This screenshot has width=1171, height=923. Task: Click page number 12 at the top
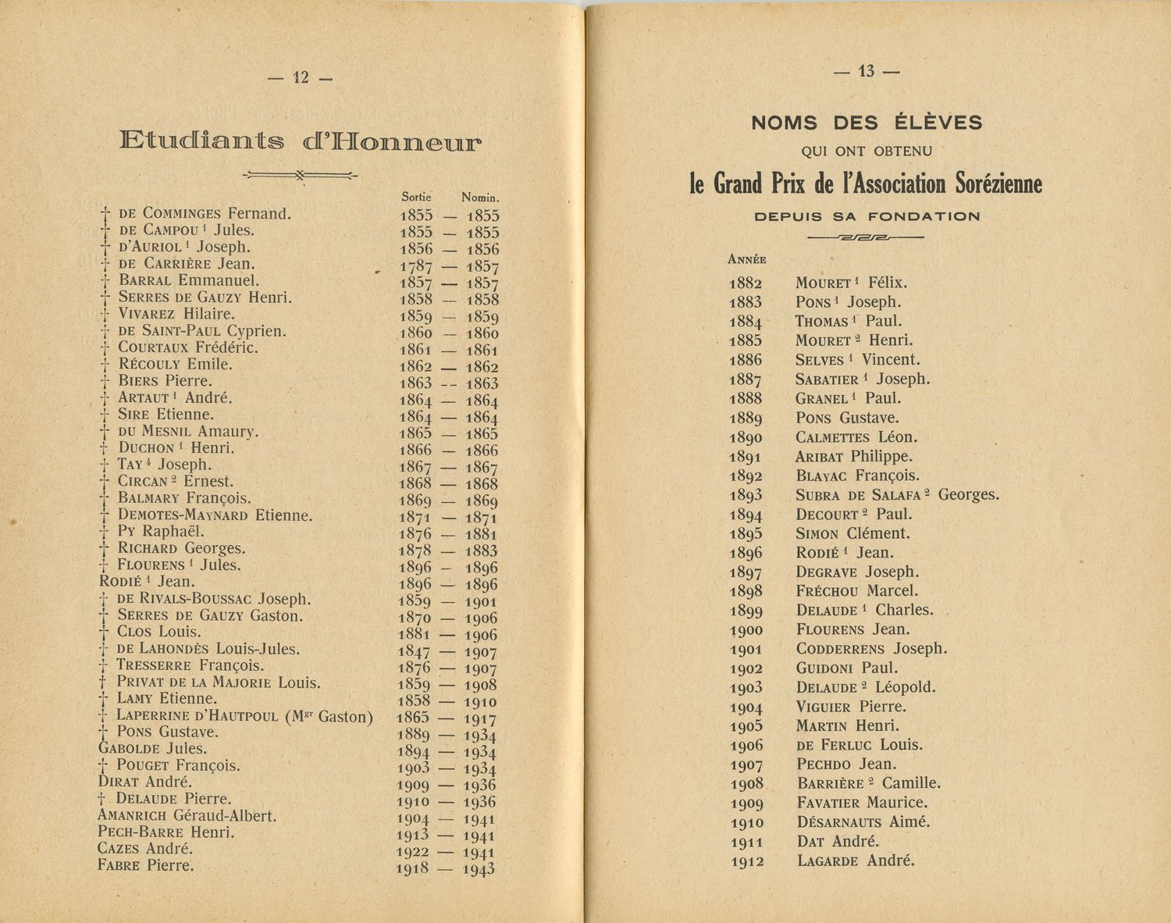(x=301, y=77)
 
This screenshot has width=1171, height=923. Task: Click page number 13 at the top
(x=867, y=71)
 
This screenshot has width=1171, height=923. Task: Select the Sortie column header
(x=416, y=198)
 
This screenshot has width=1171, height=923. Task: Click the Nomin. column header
(x=480, y=198)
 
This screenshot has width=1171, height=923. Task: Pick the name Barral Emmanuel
(x=189, y=280)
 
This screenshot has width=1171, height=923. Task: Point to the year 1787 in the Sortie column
(x=416, y=266)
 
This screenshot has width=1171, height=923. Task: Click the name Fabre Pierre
(x=146, y=865)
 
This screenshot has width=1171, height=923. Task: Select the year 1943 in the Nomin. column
(x=479, y=869)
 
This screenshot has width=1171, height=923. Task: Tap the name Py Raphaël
(x=161, y=531)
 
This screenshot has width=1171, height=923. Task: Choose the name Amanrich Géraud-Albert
(x=187, y=816)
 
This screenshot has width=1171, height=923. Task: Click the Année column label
(x=746, y=260)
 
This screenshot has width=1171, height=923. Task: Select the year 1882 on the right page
(x=746, y=283)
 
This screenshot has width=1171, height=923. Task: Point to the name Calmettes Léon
(x=856, y=437)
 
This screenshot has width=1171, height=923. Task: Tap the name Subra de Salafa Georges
(x=897, y=495)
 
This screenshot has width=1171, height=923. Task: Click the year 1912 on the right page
(x=747, y=862)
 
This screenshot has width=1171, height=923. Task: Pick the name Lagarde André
(x=856, y=861)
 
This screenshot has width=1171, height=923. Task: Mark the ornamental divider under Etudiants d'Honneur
(x=301, y=175)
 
